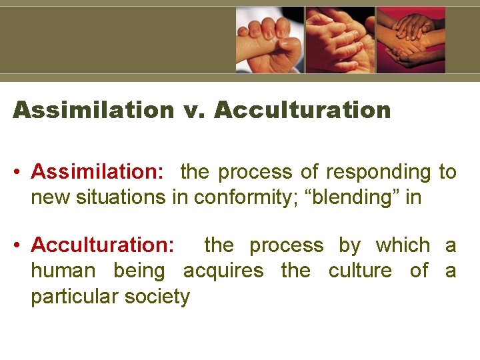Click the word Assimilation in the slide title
pos(93,110)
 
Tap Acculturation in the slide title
pos(303,110)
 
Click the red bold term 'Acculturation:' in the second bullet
pos(103,245)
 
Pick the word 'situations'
pos(148,197)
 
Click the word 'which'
pos(403,245)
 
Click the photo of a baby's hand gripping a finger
pos(269,40)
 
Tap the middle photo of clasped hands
pos(340,40)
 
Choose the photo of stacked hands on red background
pos(411,40)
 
